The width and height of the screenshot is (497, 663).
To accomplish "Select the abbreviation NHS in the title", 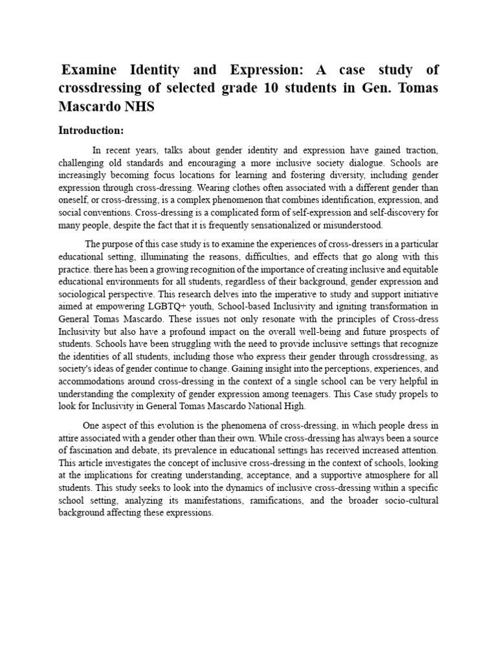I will [x=138, y=106].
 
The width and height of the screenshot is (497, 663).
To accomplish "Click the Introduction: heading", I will [x=91, y=130].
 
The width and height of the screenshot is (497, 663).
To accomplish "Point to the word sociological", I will [x=85, y=293].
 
